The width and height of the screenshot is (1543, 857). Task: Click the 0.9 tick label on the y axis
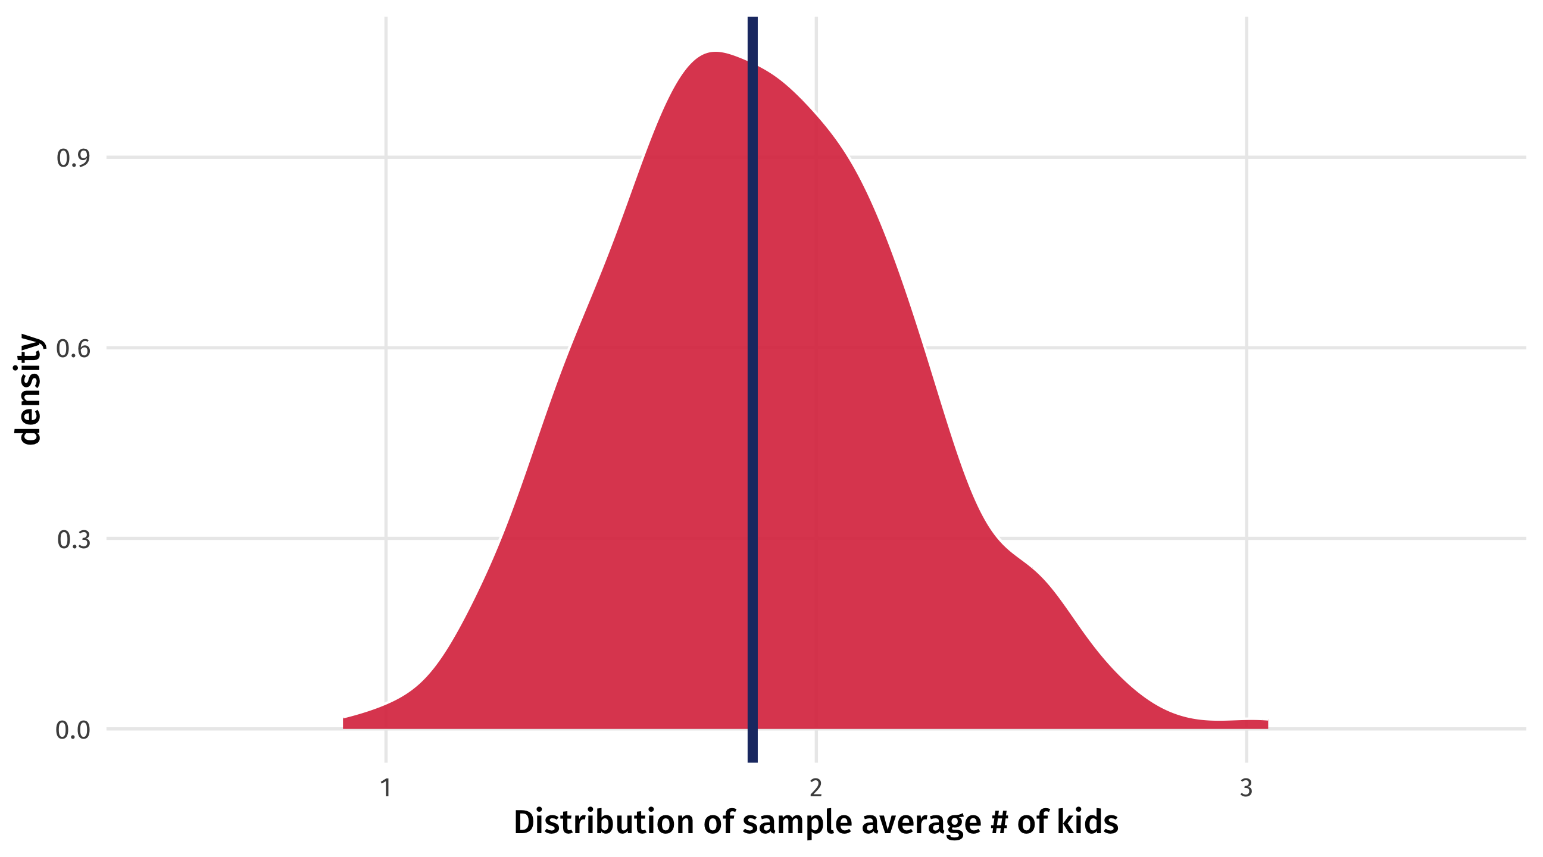(x=73, y=159)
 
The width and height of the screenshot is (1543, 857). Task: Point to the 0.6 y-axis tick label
(x=73, y=349)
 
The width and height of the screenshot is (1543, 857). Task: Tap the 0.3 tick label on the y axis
(x=73, y=540)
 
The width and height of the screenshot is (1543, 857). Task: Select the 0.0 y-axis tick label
(x=73, y=731)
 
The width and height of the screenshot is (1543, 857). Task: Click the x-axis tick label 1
(x=386, y=789)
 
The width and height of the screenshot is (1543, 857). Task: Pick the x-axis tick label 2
(x=816, y=789)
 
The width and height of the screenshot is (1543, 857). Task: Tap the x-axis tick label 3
(x=1246, y=789)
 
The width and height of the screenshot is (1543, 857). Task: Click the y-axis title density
(x=28, y=390)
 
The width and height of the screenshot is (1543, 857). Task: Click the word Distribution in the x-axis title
(x=604, y=822)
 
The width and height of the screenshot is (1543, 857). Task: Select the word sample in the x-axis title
(x=797, y=822)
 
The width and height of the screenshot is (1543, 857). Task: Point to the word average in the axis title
(x=922, y=822)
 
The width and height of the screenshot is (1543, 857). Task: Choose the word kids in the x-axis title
(x=1087, y=822)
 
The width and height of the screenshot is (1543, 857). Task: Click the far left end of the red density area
(x=345, y=723)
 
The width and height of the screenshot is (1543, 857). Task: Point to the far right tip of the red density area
(x=1266, y=724)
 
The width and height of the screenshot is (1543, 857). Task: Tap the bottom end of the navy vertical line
(x=752, y=759)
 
